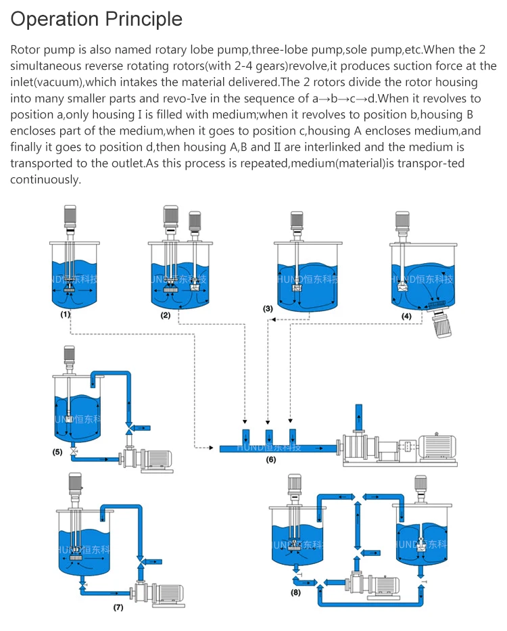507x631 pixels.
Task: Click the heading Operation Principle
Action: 96,19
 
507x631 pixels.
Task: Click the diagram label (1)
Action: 66,314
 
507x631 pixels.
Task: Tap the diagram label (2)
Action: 165,316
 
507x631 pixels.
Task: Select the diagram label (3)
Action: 268,308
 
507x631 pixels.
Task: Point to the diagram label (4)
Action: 406,315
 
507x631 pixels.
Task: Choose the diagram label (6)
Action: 270,459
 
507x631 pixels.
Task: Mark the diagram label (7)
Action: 118,607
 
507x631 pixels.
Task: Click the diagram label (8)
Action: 295,592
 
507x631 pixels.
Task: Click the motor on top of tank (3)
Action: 296,222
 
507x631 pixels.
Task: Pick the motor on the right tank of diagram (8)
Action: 420,485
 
